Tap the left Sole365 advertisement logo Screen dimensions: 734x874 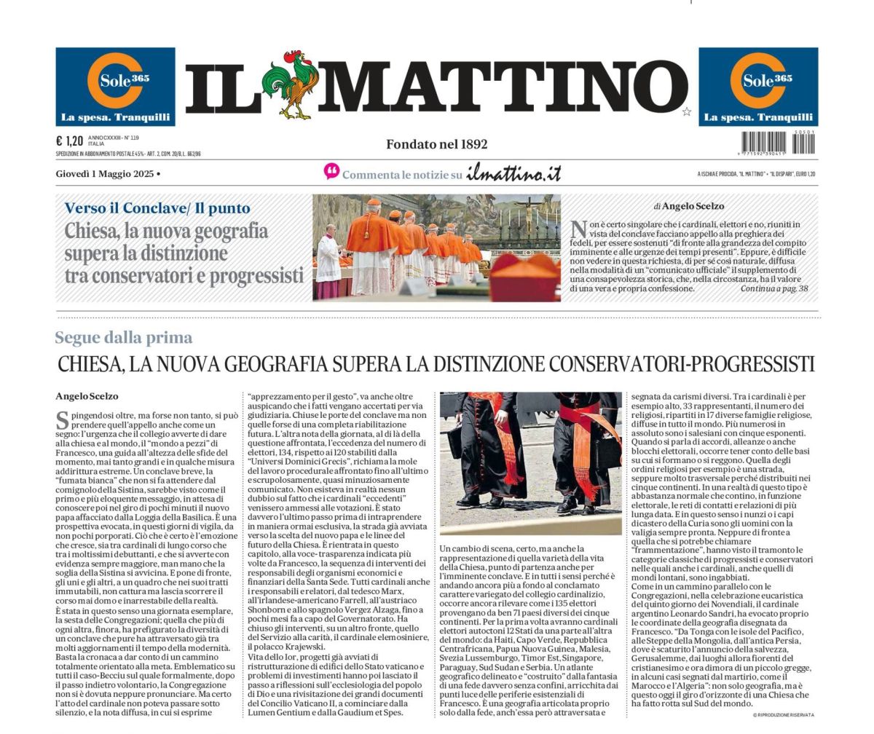115,87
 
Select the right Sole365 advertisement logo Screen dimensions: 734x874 758,87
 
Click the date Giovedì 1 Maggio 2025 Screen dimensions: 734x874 105,174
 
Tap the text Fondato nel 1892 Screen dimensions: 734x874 436,144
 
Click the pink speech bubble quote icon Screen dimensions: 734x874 332,172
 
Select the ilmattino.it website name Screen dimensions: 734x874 513,173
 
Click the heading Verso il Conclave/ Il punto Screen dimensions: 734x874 157,208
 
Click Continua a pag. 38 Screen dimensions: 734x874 773,289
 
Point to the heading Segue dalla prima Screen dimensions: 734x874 124,337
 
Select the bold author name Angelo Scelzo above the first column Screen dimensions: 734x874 87,396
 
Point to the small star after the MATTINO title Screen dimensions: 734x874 686,111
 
